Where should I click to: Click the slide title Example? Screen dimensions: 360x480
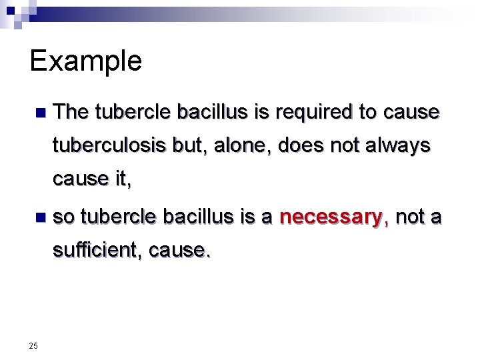tap(85, 61)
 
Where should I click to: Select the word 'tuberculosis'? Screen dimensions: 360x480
tap(109, 145)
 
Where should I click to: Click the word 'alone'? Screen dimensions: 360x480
tap(237, 145)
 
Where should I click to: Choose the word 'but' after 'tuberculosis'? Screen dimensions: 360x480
tap(186, 145)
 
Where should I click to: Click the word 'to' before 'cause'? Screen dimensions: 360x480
tap(368, 112)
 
